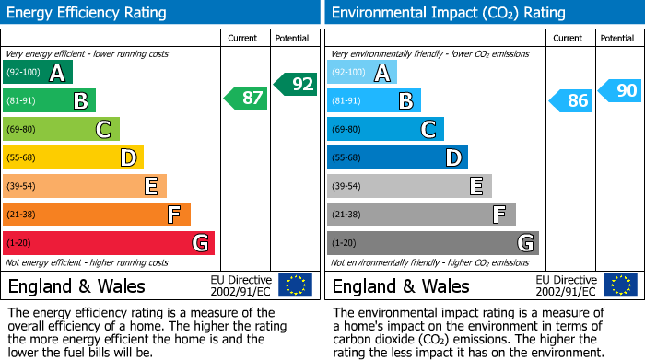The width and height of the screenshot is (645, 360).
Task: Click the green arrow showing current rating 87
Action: click(246, 98)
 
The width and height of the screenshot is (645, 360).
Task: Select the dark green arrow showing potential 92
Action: click(295, 84)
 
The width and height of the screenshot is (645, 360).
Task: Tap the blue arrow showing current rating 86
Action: click(570, 100)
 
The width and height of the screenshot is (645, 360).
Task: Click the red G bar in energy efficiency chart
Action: click(108, 243)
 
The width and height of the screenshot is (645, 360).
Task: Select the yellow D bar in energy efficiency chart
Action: click(73, 157)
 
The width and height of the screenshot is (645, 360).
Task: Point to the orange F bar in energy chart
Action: click(97, 215)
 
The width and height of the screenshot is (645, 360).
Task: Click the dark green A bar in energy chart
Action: click(37, 73)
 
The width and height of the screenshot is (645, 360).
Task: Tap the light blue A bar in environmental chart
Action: click(362, 73)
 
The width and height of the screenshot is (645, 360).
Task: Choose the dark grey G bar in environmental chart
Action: click(432, 243)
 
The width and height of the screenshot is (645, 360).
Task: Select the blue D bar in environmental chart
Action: click(397, 157)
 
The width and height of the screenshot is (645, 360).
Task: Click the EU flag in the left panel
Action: click(295, 285)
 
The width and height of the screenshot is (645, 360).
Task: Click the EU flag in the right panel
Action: click(619, 285)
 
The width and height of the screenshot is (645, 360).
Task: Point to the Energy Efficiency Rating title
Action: click(88, 13)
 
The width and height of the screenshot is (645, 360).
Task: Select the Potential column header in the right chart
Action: click(617, 38)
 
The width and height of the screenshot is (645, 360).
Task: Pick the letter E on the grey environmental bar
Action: click(476, 186)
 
